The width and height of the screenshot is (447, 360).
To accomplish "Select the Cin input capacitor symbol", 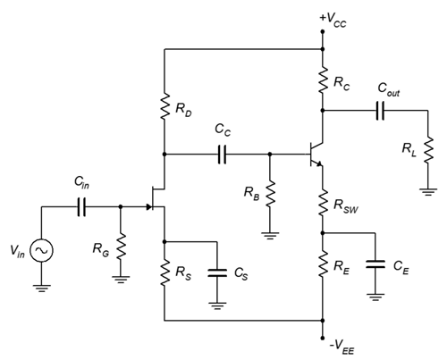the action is tap(81, 206).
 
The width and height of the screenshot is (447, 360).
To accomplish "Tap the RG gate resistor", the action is tap(121, 247).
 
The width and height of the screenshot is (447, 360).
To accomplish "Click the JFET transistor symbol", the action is tap(156, 198).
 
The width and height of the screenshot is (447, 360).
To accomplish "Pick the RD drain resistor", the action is tap(164, 106).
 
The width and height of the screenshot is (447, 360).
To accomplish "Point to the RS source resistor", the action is tap(164, 272).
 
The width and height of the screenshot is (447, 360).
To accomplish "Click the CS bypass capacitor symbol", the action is tap(217, 272).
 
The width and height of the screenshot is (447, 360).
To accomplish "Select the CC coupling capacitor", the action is tap(222, 155).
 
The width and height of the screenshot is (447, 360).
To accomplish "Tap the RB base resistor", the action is tap(270, 194).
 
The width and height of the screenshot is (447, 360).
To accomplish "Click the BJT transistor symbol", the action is tap(316, 155).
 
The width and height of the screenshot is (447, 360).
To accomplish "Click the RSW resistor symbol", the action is tap(323, 203).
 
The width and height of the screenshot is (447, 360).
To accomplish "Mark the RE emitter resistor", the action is tap(323, 264).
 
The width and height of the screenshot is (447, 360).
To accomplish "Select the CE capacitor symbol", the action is tap(375, 264).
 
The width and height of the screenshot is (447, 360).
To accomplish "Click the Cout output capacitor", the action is tap(380, 111).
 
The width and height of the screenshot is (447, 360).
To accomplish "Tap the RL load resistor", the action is tap(428, 150).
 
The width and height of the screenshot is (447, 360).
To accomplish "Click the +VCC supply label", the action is tap(333, 20).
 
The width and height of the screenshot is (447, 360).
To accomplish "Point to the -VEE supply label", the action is tap(342, 347).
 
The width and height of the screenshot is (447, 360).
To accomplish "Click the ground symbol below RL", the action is tap(428, 192).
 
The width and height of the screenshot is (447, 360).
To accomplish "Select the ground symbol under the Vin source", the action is tap(42, 289).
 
